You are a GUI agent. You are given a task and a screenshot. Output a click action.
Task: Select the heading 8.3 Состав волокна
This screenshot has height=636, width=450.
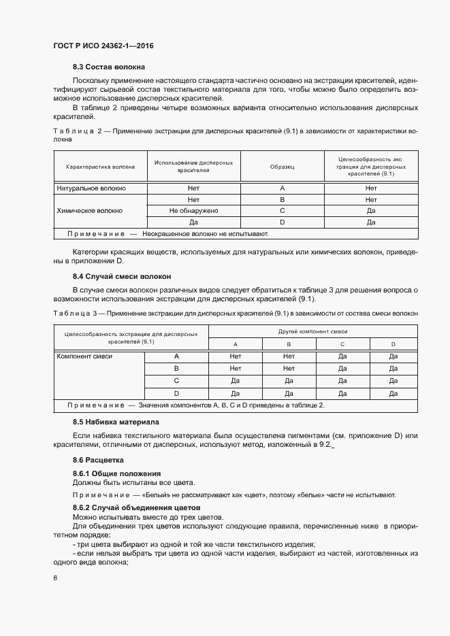[x=109, y=67]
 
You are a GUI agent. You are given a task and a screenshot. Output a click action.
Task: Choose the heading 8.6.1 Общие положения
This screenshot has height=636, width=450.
[x=116, y=473]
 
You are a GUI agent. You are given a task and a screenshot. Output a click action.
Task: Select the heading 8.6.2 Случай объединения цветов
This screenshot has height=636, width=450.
[x=136, y=508]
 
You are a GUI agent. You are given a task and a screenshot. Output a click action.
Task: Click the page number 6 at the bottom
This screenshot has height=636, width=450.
[x=55, y=578]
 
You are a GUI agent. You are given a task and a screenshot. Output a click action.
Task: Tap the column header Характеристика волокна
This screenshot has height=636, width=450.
[x=100, y=167]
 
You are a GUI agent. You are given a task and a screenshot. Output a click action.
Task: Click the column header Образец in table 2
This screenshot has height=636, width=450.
[x=282, y=167]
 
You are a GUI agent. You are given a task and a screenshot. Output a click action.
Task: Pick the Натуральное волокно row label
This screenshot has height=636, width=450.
[x=91, y=188]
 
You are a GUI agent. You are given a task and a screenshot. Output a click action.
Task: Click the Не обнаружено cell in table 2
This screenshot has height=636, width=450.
[x=193, y=211]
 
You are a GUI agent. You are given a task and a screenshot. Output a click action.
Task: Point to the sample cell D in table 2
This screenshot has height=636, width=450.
[x=282, y=222]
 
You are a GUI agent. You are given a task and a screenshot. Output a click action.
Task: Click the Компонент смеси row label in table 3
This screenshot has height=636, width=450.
[x=84, y=356]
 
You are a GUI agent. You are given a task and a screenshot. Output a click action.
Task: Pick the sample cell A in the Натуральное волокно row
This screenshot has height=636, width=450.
[x=282, y=188]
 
